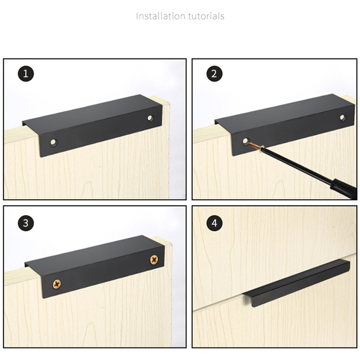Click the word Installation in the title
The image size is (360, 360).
pyautogui.click(x=160, y=16)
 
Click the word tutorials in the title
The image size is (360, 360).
pyautogui.click(x=206, y=16)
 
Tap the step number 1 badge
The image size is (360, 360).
pyautogui.click(x=26, y=74)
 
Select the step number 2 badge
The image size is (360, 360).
pyautogui.click(x=214, y=74)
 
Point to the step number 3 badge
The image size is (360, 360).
pyautogui.click(x=26, y=223)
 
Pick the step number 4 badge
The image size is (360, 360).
pyautogui.click(x=214, y=223)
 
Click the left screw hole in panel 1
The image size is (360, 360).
pyautogui.click(x=54, y=142)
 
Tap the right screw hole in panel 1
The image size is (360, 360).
pyautogui.click(x=150, y=118)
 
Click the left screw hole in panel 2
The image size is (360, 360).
pyautogui.click(x=245, y=141)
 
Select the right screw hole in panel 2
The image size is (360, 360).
pyautogui.click(x=342, y=117)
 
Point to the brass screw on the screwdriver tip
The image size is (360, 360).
pyautogui.click(x=256, y=146)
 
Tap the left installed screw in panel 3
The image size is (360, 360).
pyautogui.click(x=57, y=284)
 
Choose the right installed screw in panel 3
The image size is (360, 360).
pyautogui.click(x=154, y=260)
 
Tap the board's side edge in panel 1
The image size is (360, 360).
pyautogui.click(x=166, y=151)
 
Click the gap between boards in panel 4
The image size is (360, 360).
pyautogui.click(x=229, y=302)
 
